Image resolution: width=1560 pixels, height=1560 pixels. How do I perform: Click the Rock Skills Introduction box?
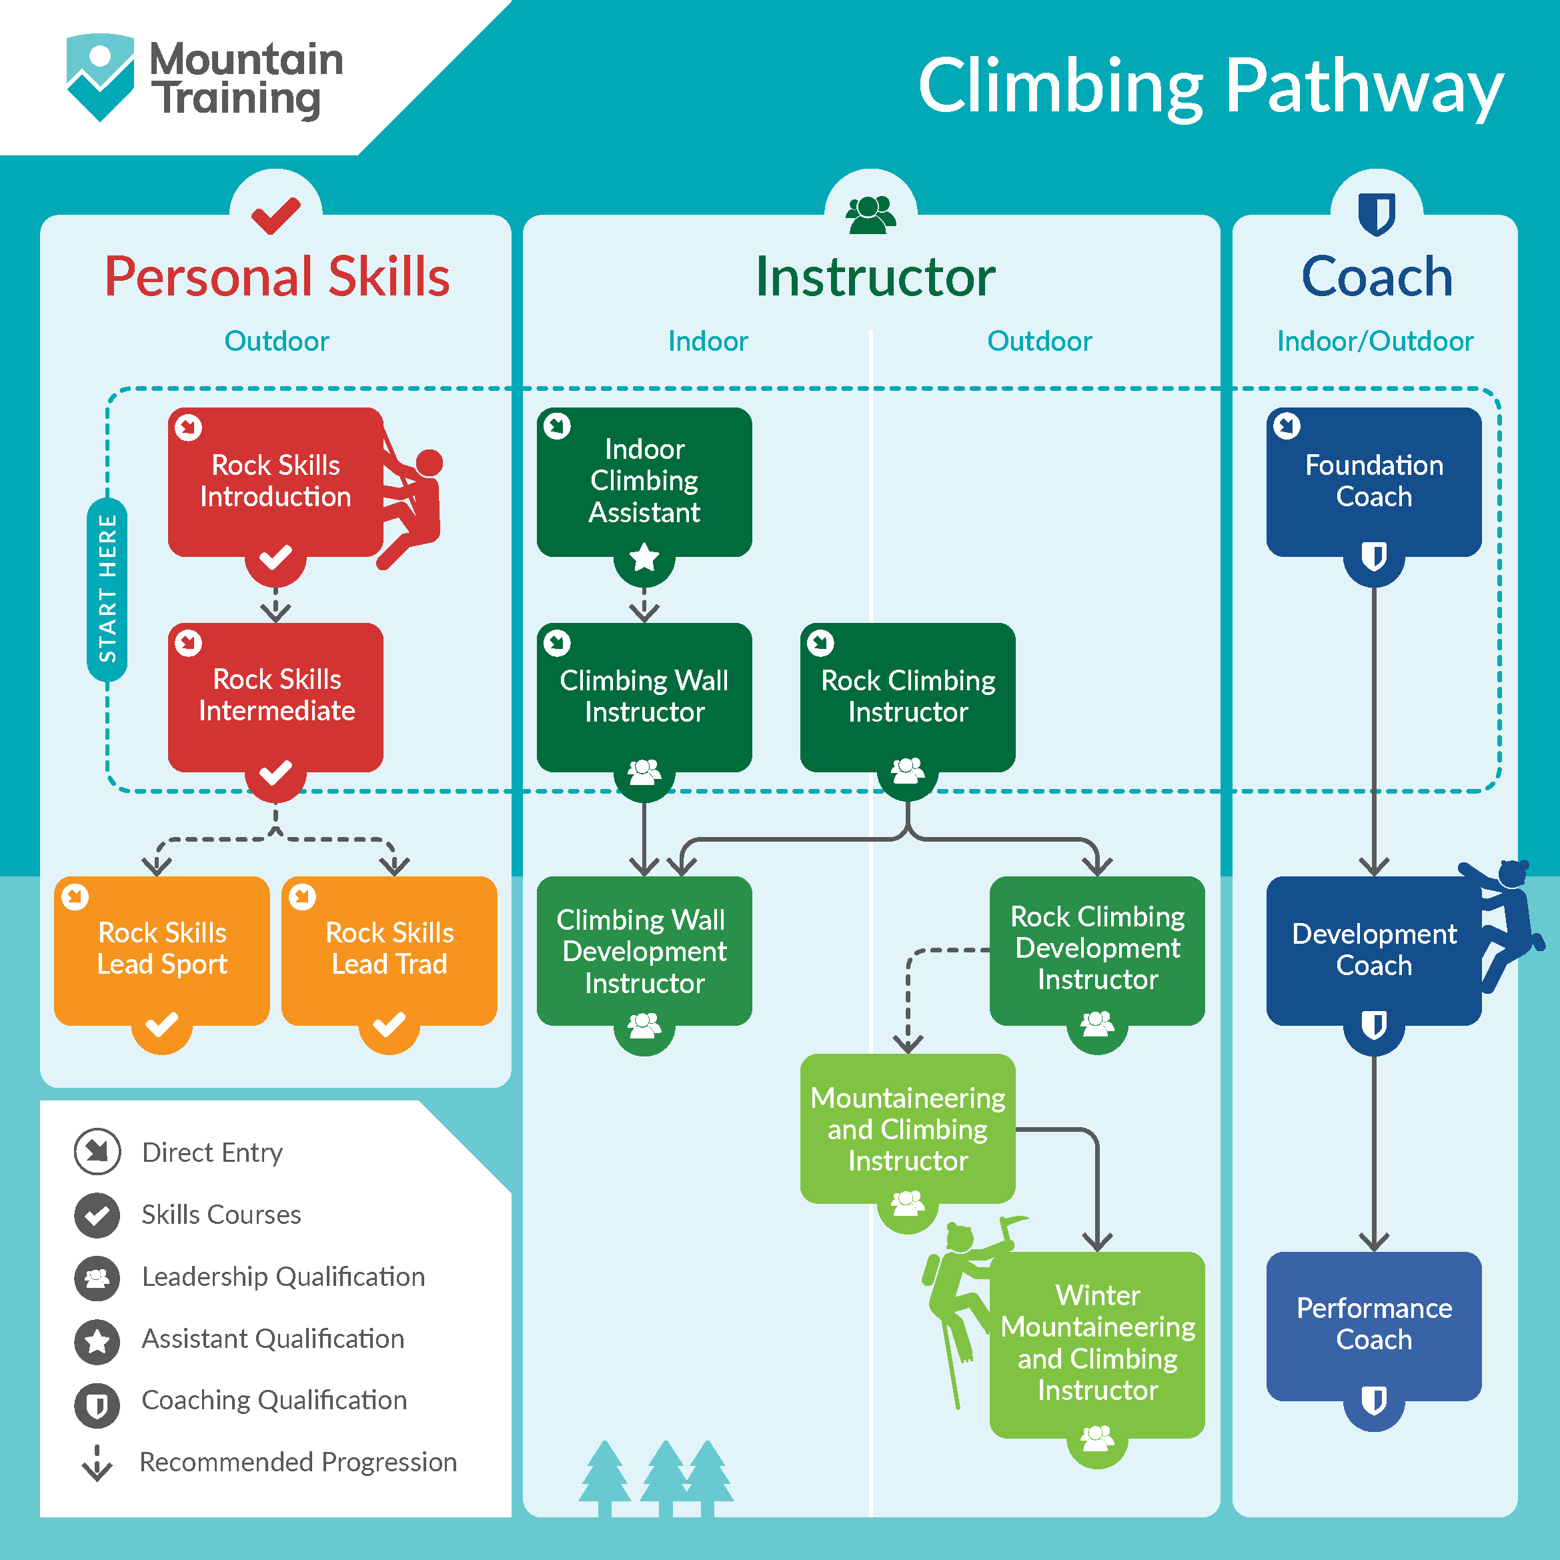275,482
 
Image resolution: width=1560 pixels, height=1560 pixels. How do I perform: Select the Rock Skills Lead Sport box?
161,950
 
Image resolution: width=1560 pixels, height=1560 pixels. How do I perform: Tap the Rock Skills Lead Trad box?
389,950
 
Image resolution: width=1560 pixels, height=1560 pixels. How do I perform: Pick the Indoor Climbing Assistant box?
644,482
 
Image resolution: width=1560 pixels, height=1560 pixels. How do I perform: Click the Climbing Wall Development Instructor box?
644,950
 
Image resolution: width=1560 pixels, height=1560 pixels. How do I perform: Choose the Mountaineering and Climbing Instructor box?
908,1128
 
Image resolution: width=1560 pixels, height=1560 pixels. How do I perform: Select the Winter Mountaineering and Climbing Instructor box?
1097,1345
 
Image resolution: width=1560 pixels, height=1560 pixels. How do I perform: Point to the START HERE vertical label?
107,590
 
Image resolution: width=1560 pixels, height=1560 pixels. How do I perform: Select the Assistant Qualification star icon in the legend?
97,1341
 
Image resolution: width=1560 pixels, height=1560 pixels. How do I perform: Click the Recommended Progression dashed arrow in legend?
97,1463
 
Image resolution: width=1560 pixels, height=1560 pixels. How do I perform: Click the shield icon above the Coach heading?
1377,214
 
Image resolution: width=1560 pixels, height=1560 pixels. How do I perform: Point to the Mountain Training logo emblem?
100,77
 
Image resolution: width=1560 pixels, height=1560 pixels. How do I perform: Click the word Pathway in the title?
1365,87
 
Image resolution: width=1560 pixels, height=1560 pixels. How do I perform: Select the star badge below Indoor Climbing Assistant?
644,557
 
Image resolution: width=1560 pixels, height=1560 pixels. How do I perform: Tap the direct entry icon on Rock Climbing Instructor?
820,643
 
